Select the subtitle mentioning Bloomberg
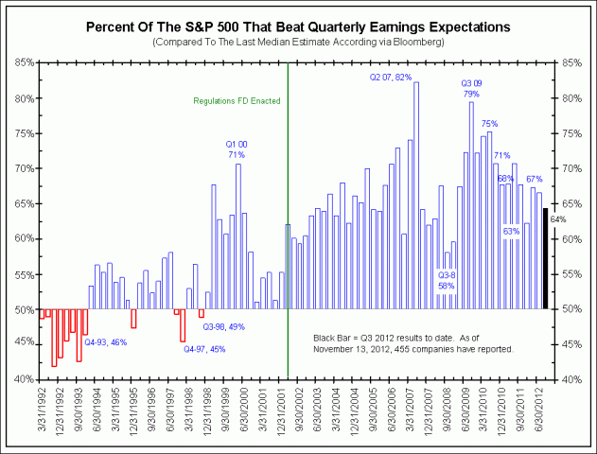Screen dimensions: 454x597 298,43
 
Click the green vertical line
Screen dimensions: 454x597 288,236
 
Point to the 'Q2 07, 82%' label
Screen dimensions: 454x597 391,77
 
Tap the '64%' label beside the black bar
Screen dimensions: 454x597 557,219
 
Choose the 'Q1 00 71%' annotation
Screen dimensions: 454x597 236,148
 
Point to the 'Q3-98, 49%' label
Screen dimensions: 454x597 223,327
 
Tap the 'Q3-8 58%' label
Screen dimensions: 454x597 447,280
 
